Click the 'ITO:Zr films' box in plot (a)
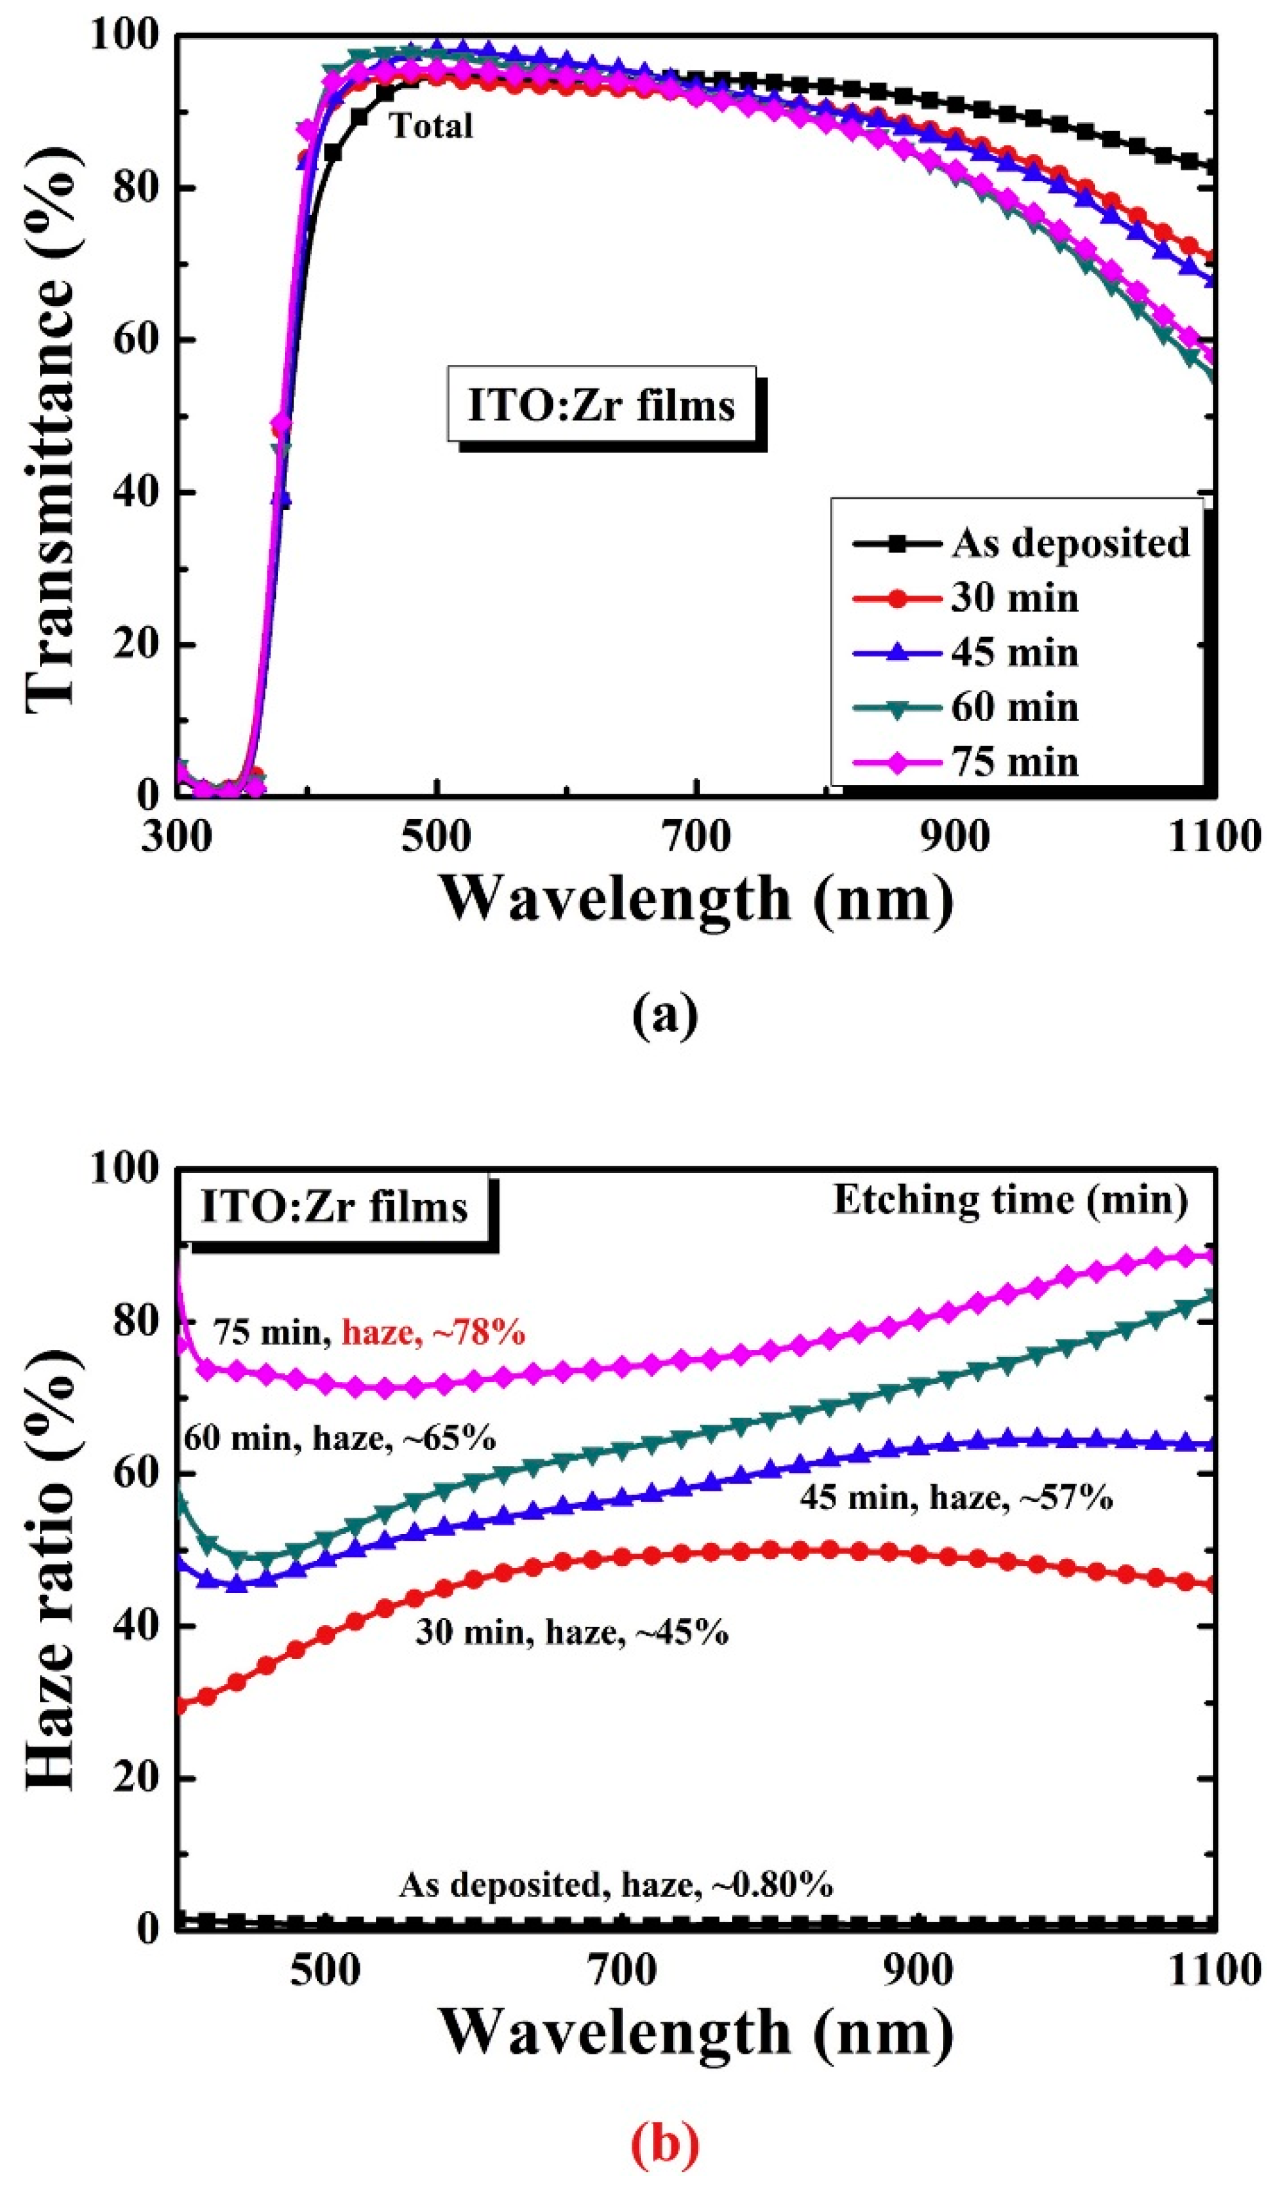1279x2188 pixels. (x=601, y=406)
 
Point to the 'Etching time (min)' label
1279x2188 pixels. (x=1010, y=1200)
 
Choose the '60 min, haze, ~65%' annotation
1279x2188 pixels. (x=339, y=1439)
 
